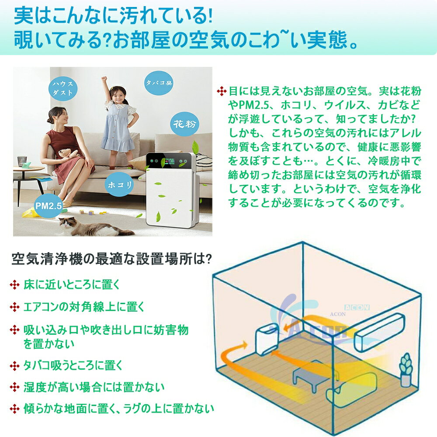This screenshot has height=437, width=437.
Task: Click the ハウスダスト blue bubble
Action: [62, 88]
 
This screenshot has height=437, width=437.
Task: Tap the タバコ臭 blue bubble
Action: [159, 83]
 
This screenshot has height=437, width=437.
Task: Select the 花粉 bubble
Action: [184, 124]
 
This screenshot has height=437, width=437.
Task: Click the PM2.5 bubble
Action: [49, 206]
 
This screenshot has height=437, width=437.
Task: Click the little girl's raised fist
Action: [104, 79]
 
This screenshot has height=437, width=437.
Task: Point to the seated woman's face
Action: [62, 116]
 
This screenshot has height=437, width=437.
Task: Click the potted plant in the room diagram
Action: [406, 370]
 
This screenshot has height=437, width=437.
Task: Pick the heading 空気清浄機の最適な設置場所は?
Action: [111, 259]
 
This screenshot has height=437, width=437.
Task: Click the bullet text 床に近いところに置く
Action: [71, 284]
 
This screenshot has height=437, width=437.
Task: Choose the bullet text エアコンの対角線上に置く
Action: [83, 307]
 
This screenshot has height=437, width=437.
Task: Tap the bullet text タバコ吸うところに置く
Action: [73, 365]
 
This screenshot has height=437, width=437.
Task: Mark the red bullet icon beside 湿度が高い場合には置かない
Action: [14, 387]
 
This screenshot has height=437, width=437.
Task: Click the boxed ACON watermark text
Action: [357, 307]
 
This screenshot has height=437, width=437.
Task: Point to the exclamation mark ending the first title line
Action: [210, 17]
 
